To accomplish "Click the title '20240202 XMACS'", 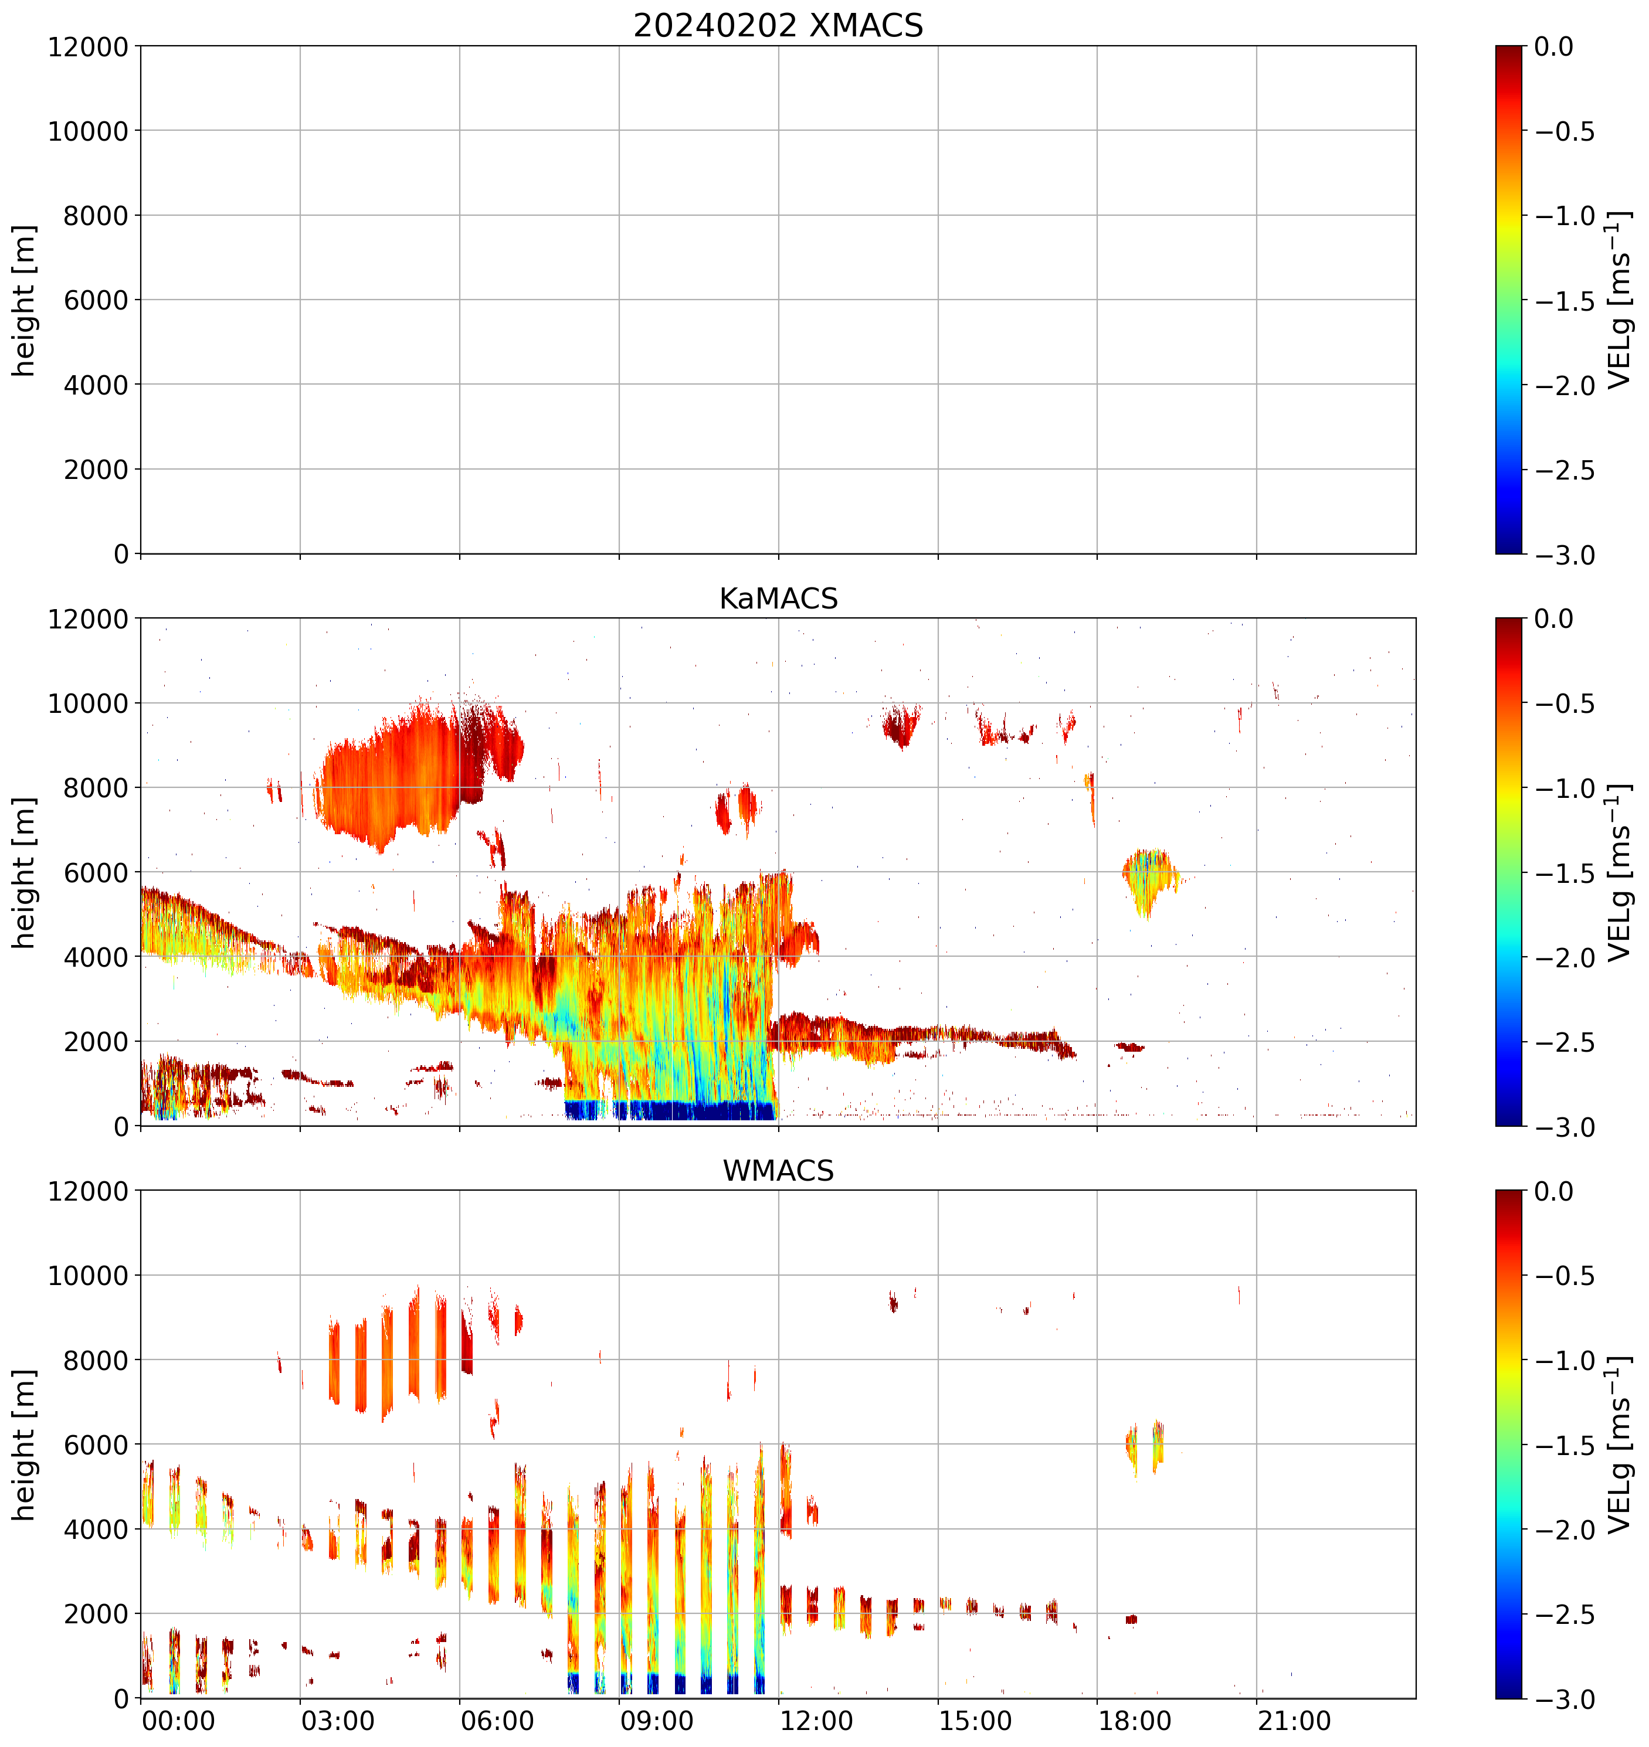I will (778, 25).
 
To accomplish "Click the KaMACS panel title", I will (778, 599).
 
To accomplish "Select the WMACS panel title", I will (778, 1171).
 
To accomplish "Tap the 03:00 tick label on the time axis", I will (338, 1721).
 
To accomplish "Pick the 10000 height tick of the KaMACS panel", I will (88, 703).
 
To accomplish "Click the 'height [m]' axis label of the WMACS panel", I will (25, 1444).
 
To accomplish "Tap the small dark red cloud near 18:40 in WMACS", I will (1131, 1619).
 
